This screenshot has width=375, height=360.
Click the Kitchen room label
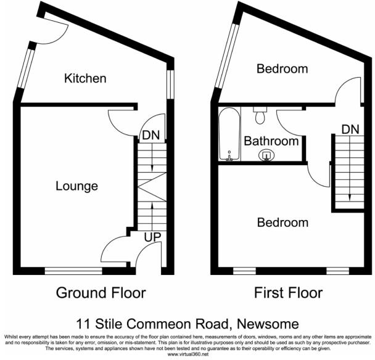click(86, 78)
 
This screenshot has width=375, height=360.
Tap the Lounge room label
click(76, 186)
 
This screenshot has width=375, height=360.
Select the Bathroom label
click(271, 141)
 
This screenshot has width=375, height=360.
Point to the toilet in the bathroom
click(260, 115)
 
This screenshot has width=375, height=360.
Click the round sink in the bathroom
click(267, 155)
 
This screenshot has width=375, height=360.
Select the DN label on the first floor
click(350, 129)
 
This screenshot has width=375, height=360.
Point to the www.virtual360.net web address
click(188, 354)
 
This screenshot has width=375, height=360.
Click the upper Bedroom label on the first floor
click(282, 68)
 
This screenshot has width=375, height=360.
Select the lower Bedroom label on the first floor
click(282, 222)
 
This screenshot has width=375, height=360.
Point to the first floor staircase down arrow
click(350, 173)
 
